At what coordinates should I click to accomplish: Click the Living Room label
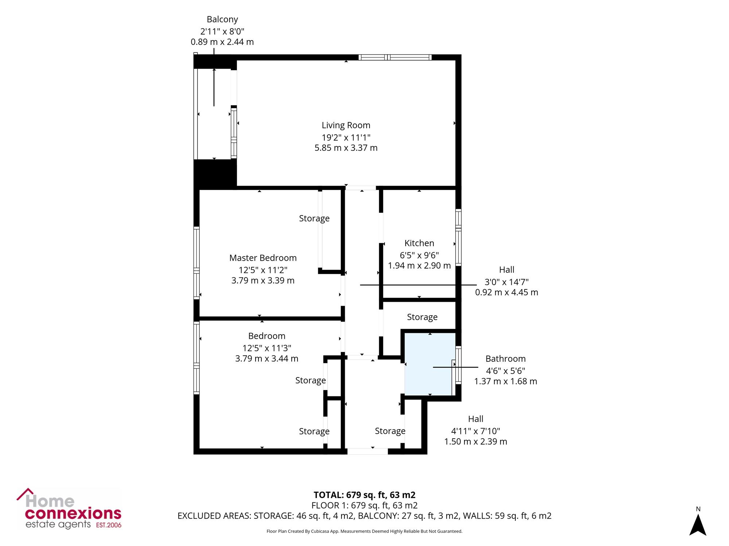tap(346, 125)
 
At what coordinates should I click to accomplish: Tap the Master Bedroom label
tap(263, 258)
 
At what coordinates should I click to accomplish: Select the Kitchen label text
tap(419, 243)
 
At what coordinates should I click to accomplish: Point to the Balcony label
tap(222, 20)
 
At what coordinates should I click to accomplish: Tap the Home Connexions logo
tap(69, 509)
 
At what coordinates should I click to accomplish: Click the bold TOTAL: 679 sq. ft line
tap(364, 495)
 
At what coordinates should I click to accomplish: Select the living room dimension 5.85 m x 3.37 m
tap(346, 148)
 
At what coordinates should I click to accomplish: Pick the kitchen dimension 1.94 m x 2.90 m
tap(419, 266)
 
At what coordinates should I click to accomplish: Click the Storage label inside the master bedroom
tap(314, 218)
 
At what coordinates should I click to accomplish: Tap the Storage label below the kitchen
tap(422, 317)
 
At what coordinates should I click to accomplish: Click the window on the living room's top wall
tap(395, 57)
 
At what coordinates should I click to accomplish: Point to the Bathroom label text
tap(506, 359)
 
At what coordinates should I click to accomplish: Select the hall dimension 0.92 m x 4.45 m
tap(507, 292)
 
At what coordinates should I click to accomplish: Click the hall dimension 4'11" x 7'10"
tap(476, 431)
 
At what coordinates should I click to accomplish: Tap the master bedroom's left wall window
tap(196, 263)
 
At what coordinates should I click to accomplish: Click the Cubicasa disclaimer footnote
tap(364, 531)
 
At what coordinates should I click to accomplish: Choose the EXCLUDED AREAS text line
tap(364, 516)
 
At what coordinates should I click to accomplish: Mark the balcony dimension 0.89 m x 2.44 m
tap(222, 42)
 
